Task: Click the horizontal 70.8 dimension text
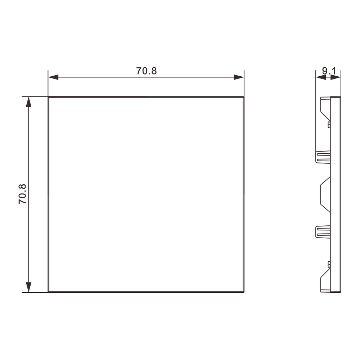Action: click(147, 71)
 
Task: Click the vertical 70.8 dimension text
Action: click(22, 194)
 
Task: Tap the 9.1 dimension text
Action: click(329, 71)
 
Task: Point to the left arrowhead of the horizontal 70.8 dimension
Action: click(53, 77)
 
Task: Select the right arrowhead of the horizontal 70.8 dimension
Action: click(239, 77)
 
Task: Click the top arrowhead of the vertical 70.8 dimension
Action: click(28, 102)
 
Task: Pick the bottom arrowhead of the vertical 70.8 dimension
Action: click(28, 287)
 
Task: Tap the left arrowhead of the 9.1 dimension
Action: click(321, 78)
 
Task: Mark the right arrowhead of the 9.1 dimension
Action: click(336, 78)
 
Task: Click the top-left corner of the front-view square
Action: click(49, 97)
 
